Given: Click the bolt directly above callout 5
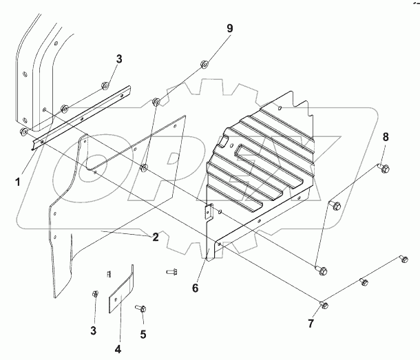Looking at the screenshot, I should pos(140,308).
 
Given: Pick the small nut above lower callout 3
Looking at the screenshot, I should pos(95,295).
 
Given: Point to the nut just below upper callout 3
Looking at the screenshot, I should pos(104,86).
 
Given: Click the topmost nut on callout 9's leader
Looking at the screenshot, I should pos(204,65).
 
